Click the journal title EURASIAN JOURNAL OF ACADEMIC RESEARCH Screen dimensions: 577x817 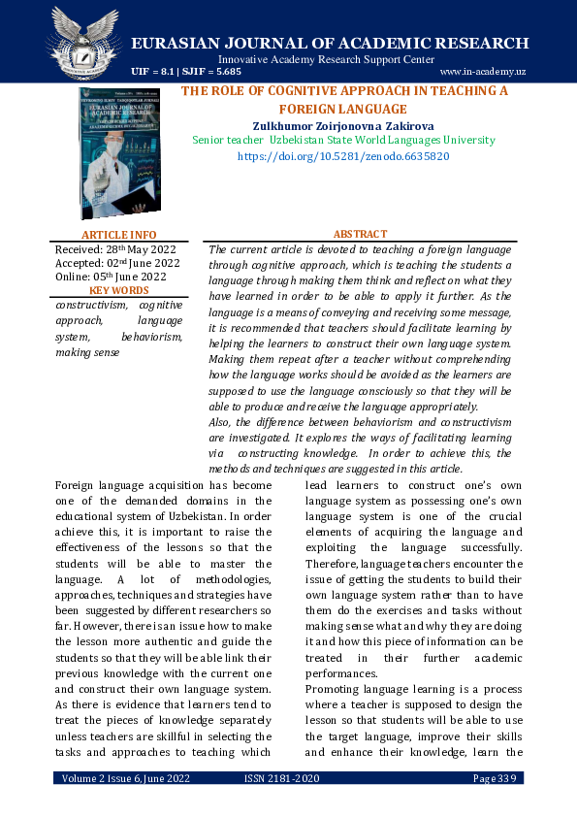330,43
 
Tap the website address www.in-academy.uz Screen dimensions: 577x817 482,72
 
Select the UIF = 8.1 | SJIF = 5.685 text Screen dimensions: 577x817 186,72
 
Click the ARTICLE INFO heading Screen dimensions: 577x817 118,235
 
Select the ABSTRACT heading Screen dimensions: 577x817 360,234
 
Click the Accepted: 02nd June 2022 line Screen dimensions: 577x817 117,263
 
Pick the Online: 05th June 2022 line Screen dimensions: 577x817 112,277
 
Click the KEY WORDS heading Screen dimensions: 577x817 118,290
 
